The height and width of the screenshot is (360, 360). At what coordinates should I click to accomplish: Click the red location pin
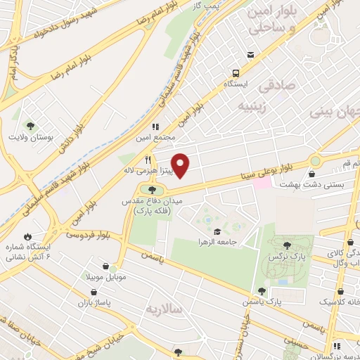181,165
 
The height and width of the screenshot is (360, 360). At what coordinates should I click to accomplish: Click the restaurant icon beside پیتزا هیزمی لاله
148,160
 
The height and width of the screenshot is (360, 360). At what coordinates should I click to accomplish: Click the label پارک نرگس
286,257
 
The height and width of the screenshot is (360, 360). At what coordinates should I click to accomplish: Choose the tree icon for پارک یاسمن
262,290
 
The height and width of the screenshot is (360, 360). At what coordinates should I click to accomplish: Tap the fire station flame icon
27,237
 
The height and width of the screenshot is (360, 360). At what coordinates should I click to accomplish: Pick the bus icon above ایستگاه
236,72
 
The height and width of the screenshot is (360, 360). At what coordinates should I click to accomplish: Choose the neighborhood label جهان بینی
335,110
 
